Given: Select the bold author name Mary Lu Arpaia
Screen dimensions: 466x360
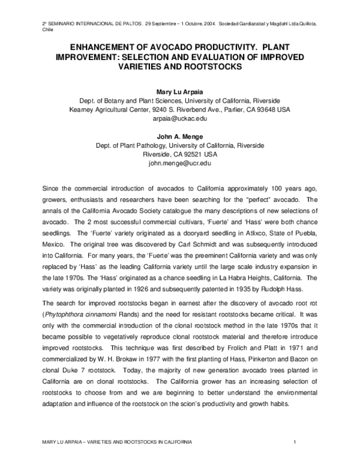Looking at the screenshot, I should tap(180, 91).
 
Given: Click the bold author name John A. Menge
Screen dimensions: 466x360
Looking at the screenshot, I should tap(180, 136).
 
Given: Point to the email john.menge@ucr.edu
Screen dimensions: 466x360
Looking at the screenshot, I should tap(180, 163).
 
